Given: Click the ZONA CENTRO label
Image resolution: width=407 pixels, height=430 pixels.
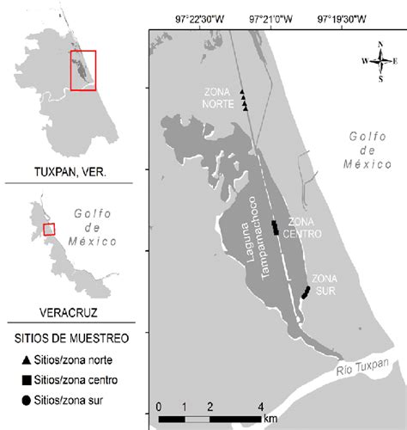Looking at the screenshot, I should (x=301, y=226).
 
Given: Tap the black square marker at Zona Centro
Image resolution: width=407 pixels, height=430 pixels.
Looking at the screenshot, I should (x=275, y=227).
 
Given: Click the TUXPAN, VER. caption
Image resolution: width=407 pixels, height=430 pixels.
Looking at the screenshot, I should (x=66, y=172).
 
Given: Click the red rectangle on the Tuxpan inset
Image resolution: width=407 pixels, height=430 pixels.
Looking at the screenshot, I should (x=82, y=70).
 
